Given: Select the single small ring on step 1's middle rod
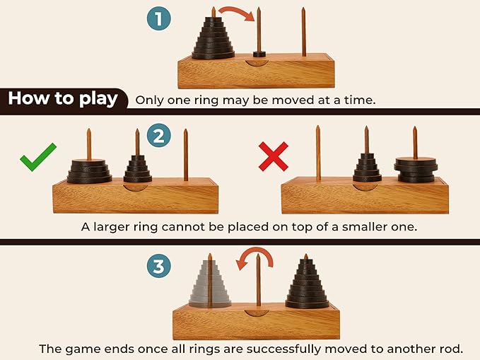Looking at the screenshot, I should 259,53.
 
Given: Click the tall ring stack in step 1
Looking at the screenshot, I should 213,41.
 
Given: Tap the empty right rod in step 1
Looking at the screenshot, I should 303,32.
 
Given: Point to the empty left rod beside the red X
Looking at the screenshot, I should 318,152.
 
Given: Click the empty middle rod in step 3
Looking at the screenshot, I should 259,283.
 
